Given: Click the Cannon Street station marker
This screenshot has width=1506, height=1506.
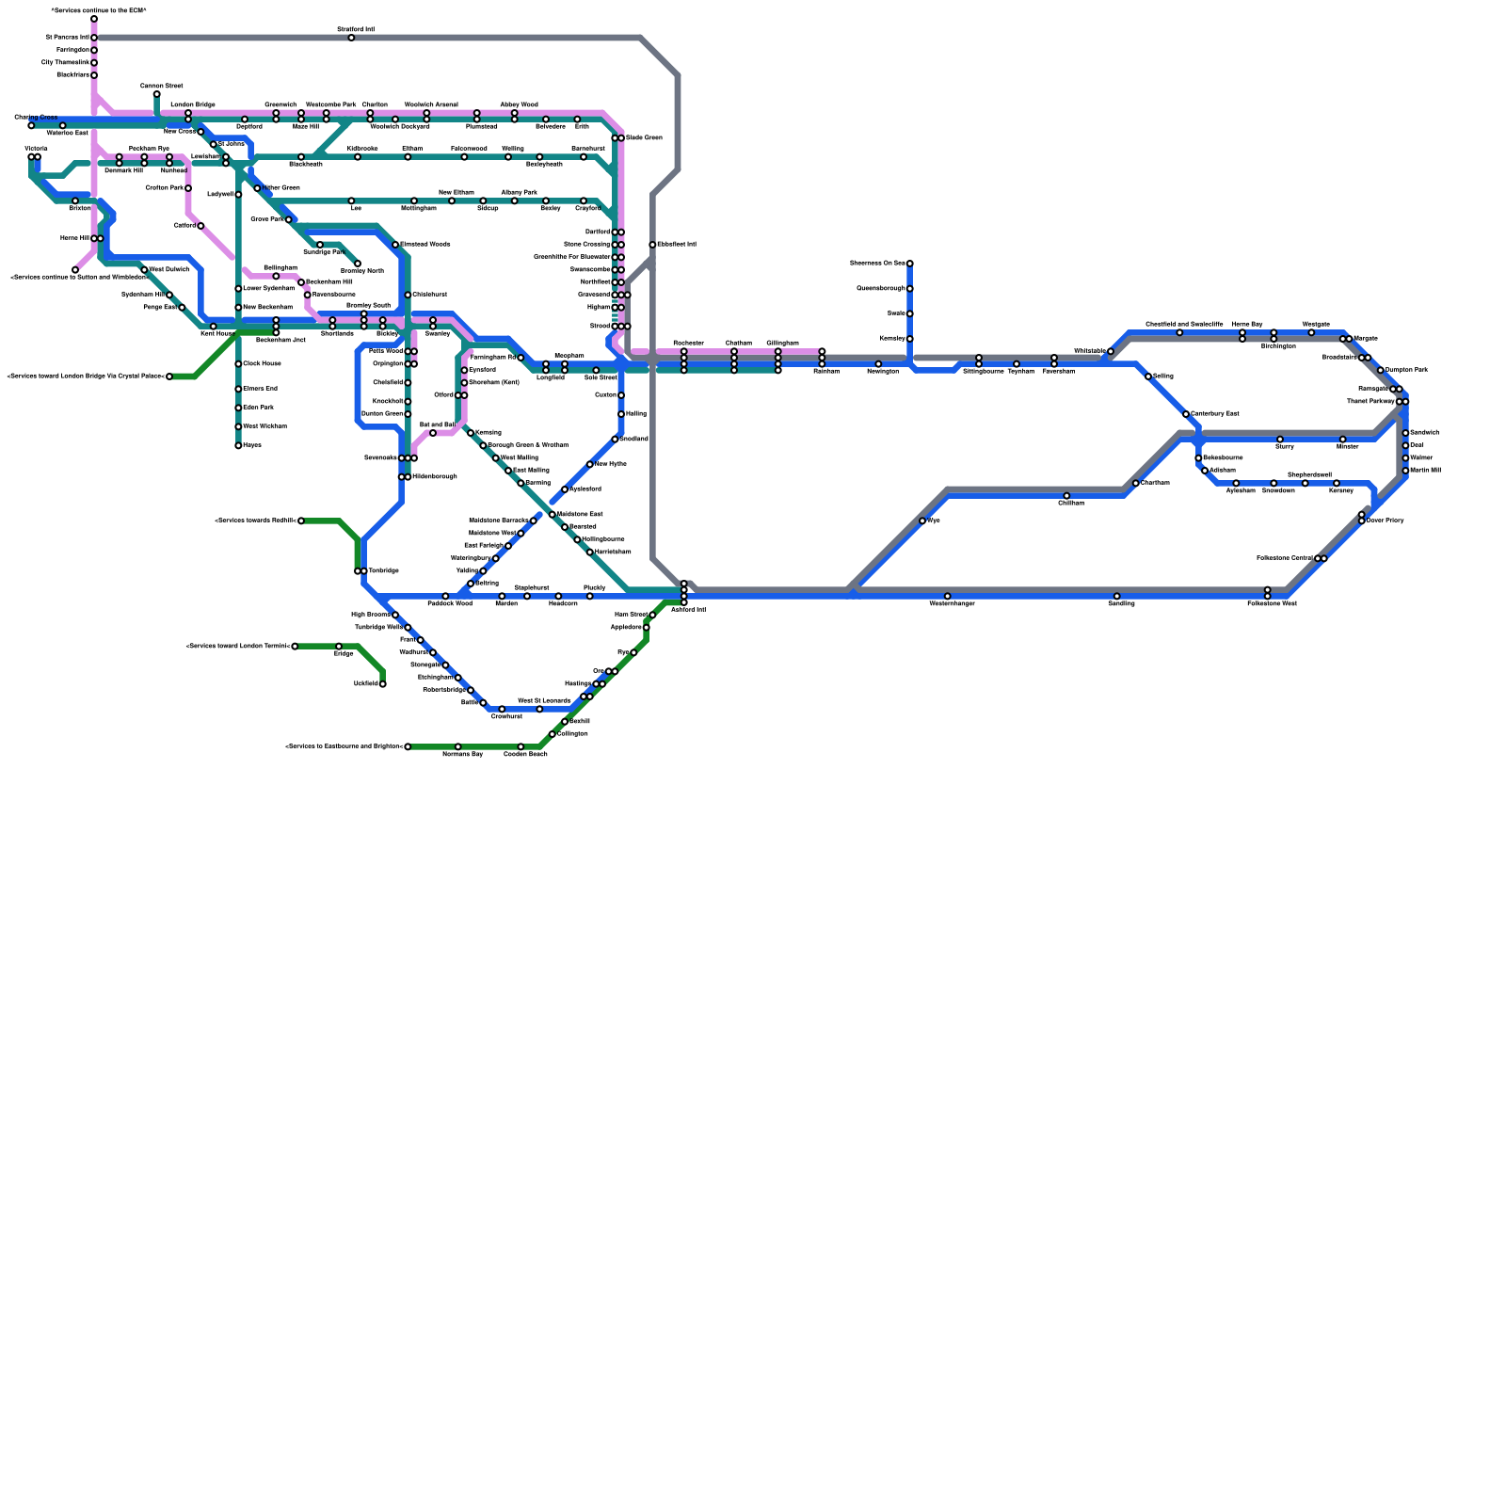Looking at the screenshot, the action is click(x=156, y=94).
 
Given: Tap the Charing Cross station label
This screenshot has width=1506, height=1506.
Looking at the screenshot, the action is click(x=35, y=117).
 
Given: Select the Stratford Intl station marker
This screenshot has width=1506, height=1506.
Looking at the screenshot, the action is click(x=351, y=38).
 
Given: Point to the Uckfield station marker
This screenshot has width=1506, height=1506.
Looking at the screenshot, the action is click(x=382, y=684).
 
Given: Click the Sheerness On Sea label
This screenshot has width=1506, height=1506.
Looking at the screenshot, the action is click(x=877, y=263).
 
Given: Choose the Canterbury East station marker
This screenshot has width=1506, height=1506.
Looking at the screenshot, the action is click(x=1186, y=414).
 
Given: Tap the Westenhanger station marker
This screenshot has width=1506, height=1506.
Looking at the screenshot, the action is click(x=947, y=596).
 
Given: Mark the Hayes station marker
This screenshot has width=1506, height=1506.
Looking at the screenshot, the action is click(x=238, y=445).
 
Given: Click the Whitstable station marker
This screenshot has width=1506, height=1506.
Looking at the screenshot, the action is click(x=1111, y=351).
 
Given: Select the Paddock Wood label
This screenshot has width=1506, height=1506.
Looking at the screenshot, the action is click(x=450, y=603).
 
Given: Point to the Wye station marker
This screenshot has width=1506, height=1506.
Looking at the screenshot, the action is click(x=922, y=521).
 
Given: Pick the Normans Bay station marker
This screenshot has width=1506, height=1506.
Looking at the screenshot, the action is click(x=457, y=746).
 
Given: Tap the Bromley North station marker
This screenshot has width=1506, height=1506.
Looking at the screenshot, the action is click(x=358, y=264).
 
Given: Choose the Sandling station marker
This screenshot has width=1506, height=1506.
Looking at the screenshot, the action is click(x=1117, y=596).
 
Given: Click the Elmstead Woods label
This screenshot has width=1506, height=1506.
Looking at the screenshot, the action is click(x=425, y=245).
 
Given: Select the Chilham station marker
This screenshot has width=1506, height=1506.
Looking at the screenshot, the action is click(x=1066, y=496).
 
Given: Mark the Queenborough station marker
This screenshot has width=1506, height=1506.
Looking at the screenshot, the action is click(x=909, y=289).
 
